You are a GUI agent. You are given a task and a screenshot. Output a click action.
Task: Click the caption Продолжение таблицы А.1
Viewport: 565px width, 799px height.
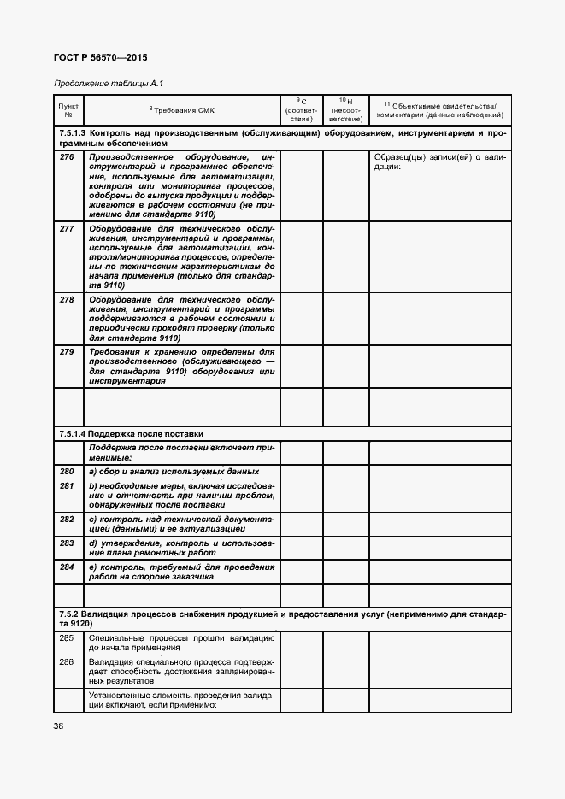click(x=108, y=84)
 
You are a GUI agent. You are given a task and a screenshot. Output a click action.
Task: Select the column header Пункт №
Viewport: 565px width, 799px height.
click(x=68, y=109)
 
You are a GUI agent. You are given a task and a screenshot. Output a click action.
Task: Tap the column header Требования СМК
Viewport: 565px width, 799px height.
click(x=182, y=109)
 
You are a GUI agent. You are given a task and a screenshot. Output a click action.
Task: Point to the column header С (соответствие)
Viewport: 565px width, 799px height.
click(x=301, y=109)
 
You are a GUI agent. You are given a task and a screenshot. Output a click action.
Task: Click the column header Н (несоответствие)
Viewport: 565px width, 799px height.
click(x=345, y=109)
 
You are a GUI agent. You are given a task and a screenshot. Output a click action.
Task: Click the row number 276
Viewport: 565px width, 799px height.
click(x=67, y=157)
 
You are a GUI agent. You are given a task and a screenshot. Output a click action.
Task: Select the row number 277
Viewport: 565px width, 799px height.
click(x=67, y=230)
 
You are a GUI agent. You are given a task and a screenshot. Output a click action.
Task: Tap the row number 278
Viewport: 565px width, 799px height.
click(x=67, y=300)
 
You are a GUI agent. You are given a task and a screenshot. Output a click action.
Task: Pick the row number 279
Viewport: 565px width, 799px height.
click(x=67, y=351)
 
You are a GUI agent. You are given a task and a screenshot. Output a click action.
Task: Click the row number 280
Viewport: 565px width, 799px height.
click(x=67, y=472)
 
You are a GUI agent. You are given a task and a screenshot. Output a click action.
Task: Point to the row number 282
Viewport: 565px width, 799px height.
click(x=67, y=519)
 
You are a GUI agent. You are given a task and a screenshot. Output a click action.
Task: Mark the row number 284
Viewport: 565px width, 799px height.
click(x=67, y=567)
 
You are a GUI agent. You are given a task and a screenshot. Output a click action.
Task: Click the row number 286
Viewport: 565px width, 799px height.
click(x=67, y=662)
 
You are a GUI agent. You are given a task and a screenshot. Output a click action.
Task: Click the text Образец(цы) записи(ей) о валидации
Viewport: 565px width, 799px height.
click(x=439, y=162)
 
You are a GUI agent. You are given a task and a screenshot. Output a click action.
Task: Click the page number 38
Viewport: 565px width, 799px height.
click(x=58, y=726)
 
